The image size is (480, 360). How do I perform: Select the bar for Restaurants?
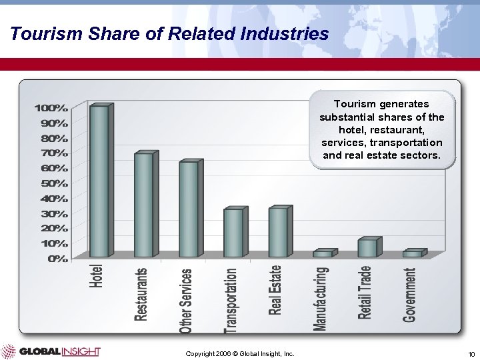pos(143,205)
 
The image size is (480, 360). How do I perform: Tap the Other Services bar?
pos(189,209)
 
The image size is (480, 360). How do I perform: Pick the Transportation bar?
pos(233,233)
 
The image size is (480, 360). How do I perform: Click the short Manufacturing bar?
pos(323,254)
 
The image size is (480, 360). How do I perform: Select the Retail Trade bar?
pos(367,247)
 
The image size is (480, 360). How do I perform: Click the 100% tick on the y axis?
pos(51,107)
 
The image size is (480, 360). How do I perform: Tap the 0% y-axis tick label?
pos(57,259)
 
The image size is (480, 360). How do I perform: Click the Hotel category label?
pos(98,275)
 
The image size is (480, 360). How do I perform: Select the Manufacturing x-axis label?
pos(322,298)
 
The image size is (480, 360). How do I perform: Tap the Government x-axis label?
pos(411,295)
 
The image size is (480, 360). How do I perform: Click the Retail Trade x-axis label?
pos(365,292)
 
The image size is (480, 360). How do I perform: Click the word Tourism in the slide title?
pos(42,33)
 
